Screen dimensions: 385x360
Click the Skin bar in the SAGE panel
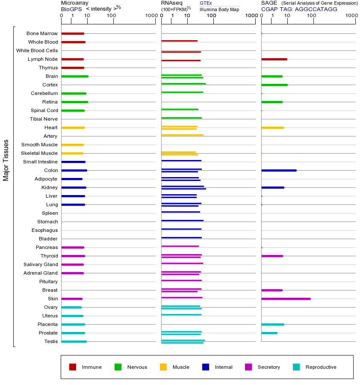286,299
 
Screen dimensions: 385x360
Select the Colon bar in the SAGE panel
279,170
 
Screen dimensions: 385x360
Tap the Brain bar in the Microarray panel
75,76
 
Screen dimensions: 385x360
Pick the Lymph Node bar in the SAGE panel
274,59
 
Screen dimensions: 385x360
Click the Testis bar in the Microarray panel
74,341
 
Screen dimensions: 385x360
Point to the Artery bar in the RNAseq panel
182,135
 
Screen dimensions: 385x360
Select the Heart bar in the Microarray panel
73,127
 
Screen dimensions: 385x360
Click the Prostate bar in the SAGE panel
269,333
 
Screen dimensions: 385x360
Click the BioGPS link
71,9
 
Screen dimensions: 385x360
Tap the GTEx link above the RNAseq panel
206,3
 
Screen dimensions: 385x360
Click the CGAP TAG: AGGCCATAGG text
299,9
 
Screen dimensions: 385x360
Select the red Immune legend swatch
73,367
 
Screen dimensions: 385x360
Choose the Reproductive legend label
321,367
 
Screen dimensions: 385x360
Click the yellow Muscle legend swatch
163,367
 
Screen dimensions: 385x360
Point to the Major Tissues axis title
6,160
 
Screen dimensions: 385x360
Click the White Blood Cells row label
37,50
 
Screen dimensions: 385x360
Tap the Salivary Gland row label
41,264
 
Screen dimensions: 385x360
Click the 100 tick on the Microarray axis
112,16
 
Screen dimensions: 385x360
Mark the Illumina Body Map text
219,9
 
